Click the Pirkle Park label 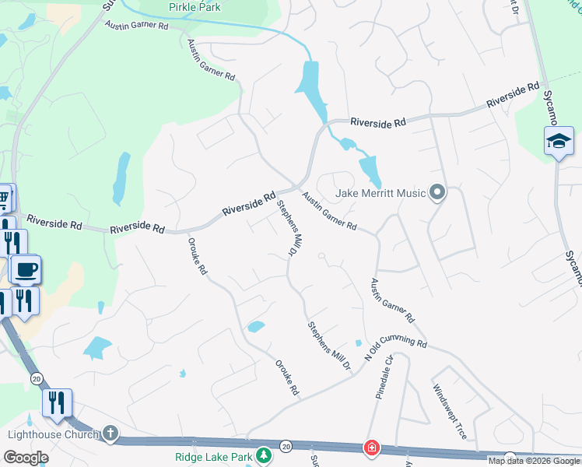[195, 8]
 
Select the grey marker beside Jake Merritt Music [437, 191]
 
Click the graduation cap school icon [559, 142]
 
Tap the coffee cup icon [26, 270]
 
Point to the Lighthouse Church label [51, 434]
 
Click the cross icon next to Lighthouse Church [110, 433]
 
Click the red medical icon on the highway [372, 449]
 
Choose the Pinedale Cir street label [387, 377]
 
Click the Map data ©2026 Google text [534, 461]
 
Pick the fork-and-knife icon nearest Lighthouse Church [57, 402]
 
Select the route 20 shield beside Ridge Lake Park [286, 447]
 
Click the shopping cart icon [4, 198]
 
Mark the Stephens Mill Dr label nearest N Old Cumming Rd [328, 346]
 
